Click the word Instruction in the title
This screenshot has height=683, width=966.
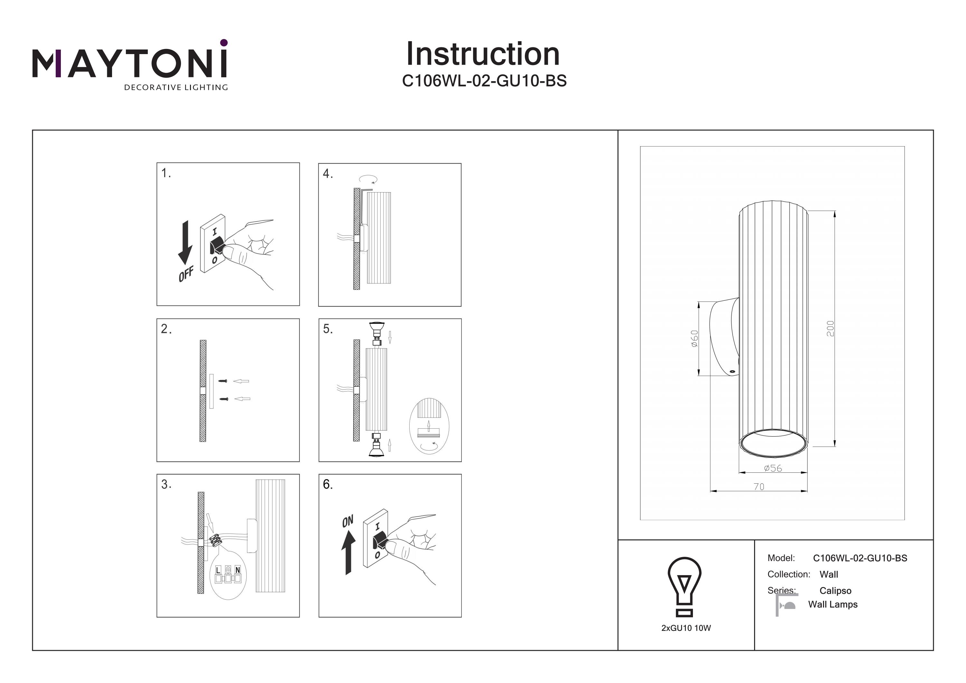(483, 54)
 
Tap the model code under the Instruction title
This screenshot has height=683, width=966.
(484, 81)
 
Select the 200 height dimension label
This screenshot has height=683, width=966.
(830, 328)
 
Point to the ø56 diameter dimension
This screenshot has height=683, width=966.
(773, 468)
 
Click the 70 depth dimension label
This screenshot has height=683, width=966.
(759, 487)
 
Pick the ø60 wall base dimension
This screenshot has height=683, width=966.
(695, 338)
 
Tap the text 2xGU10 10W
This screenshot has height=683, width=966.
(686, 628)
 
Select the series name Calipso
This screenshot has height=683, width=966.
(835, 591)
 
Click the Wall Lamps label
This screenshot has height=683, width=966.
(833, 604)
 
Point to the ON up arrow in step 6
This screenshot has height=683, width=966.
(348, 552)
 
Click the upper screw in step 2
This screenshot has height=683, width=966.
(223, 381)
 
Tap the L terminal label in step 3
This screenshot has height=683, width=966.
(218, 570)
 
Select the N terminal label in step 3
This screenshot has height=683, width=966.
(237, 570)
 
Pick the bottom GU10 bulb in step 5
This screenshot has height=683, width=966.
(376, 449)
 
